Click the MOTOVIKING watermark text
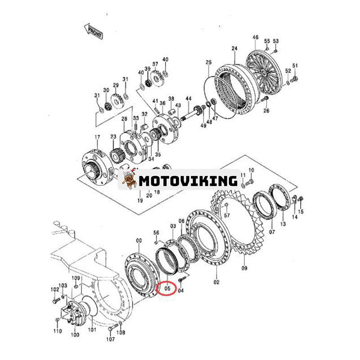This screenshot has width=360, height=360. click(188, 181)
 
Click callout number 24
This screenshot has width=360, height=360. click(234, 48)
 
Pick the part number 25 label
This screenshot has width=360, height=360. click(208, 62)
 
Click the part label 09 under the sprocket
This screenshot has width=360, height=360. click(244, 268)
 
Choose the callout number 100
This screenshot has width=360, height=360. click(75, 334)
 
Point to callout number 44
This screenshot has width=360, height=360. click(188, 99)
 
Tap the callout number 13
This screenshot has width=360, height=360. click(283, 224)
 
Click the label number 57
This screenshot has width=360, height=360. click(227, 216)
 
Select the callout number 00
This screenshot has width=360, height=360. click(139, 241)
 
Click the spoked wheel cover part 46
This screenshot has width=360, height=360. click(263, 67)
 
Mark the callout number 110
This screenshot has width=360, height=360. click(57, 331)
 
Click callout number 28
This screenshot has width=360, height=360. click(124, 119)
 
